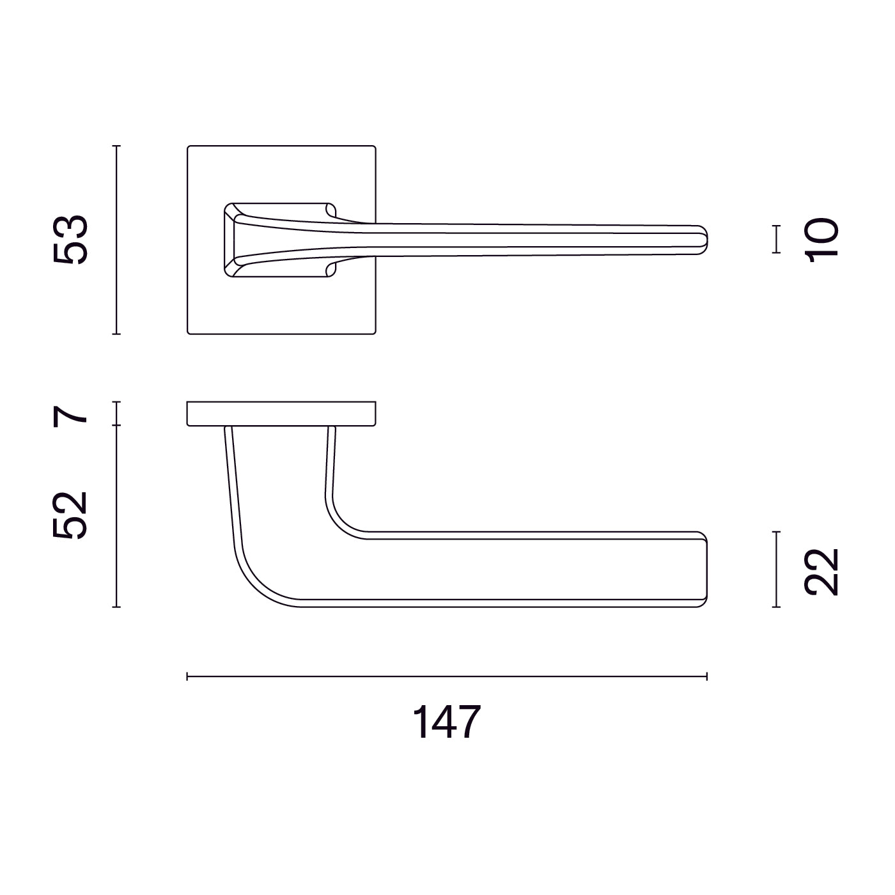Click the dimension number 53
[x=70, y=240]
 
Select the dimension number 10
[x=822, y=239]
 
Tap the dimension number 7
[x=70, y=414]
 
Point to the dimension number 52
[x=70, y=515]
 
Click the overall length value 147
[x=446, y=722]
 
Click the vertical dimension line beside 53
[x=116, y=240]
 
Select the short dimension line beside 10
[x=776, y=239]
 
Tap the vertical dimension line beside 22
[x=776, y=569]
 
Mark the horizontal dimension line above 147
[x=446, y=676]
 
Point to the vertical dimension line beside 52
[x=116, y=515]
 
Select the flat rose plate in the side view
[x=281, y=414]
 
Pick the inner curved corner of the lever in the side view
[x=339, y=521]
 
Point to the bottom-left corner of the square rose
[x=189, y=332]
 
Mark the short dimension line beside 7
[x=116, y=414]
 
